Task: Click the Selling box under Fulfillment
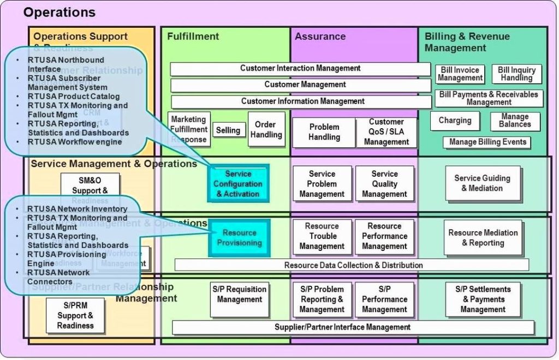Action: (228, 130)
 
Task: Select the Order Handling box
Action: (266, 129)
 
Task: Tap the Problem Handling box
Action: (324, 132)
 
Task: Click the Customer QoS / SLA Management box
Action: (386, 132)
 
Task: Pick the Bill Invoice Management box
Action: (460, 74)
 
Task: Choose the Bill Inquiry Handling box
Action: (516, 74)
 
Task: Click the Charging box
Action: (455, 121)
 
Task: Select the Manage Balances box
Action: (514, 121)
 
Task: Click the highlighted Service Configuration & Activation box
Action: (238, 184)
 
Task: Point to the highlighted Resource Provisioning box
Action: (239, 238)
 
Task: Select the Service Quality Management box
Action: (384, 184)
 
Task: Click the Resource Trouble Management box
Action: (322, 236)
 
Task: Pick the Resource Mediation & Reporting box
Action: (483, 238)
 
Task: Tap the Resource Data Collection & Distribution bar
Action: (353, 265)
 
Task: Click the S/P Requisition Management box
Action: (240, 299)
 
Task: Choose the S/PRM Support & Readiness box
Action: (75, 316)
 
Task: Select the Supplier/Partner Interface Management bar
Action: (353, 327)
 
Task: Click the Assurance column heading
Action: (320, 37)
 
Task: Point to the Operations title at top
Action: (60, 12)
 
